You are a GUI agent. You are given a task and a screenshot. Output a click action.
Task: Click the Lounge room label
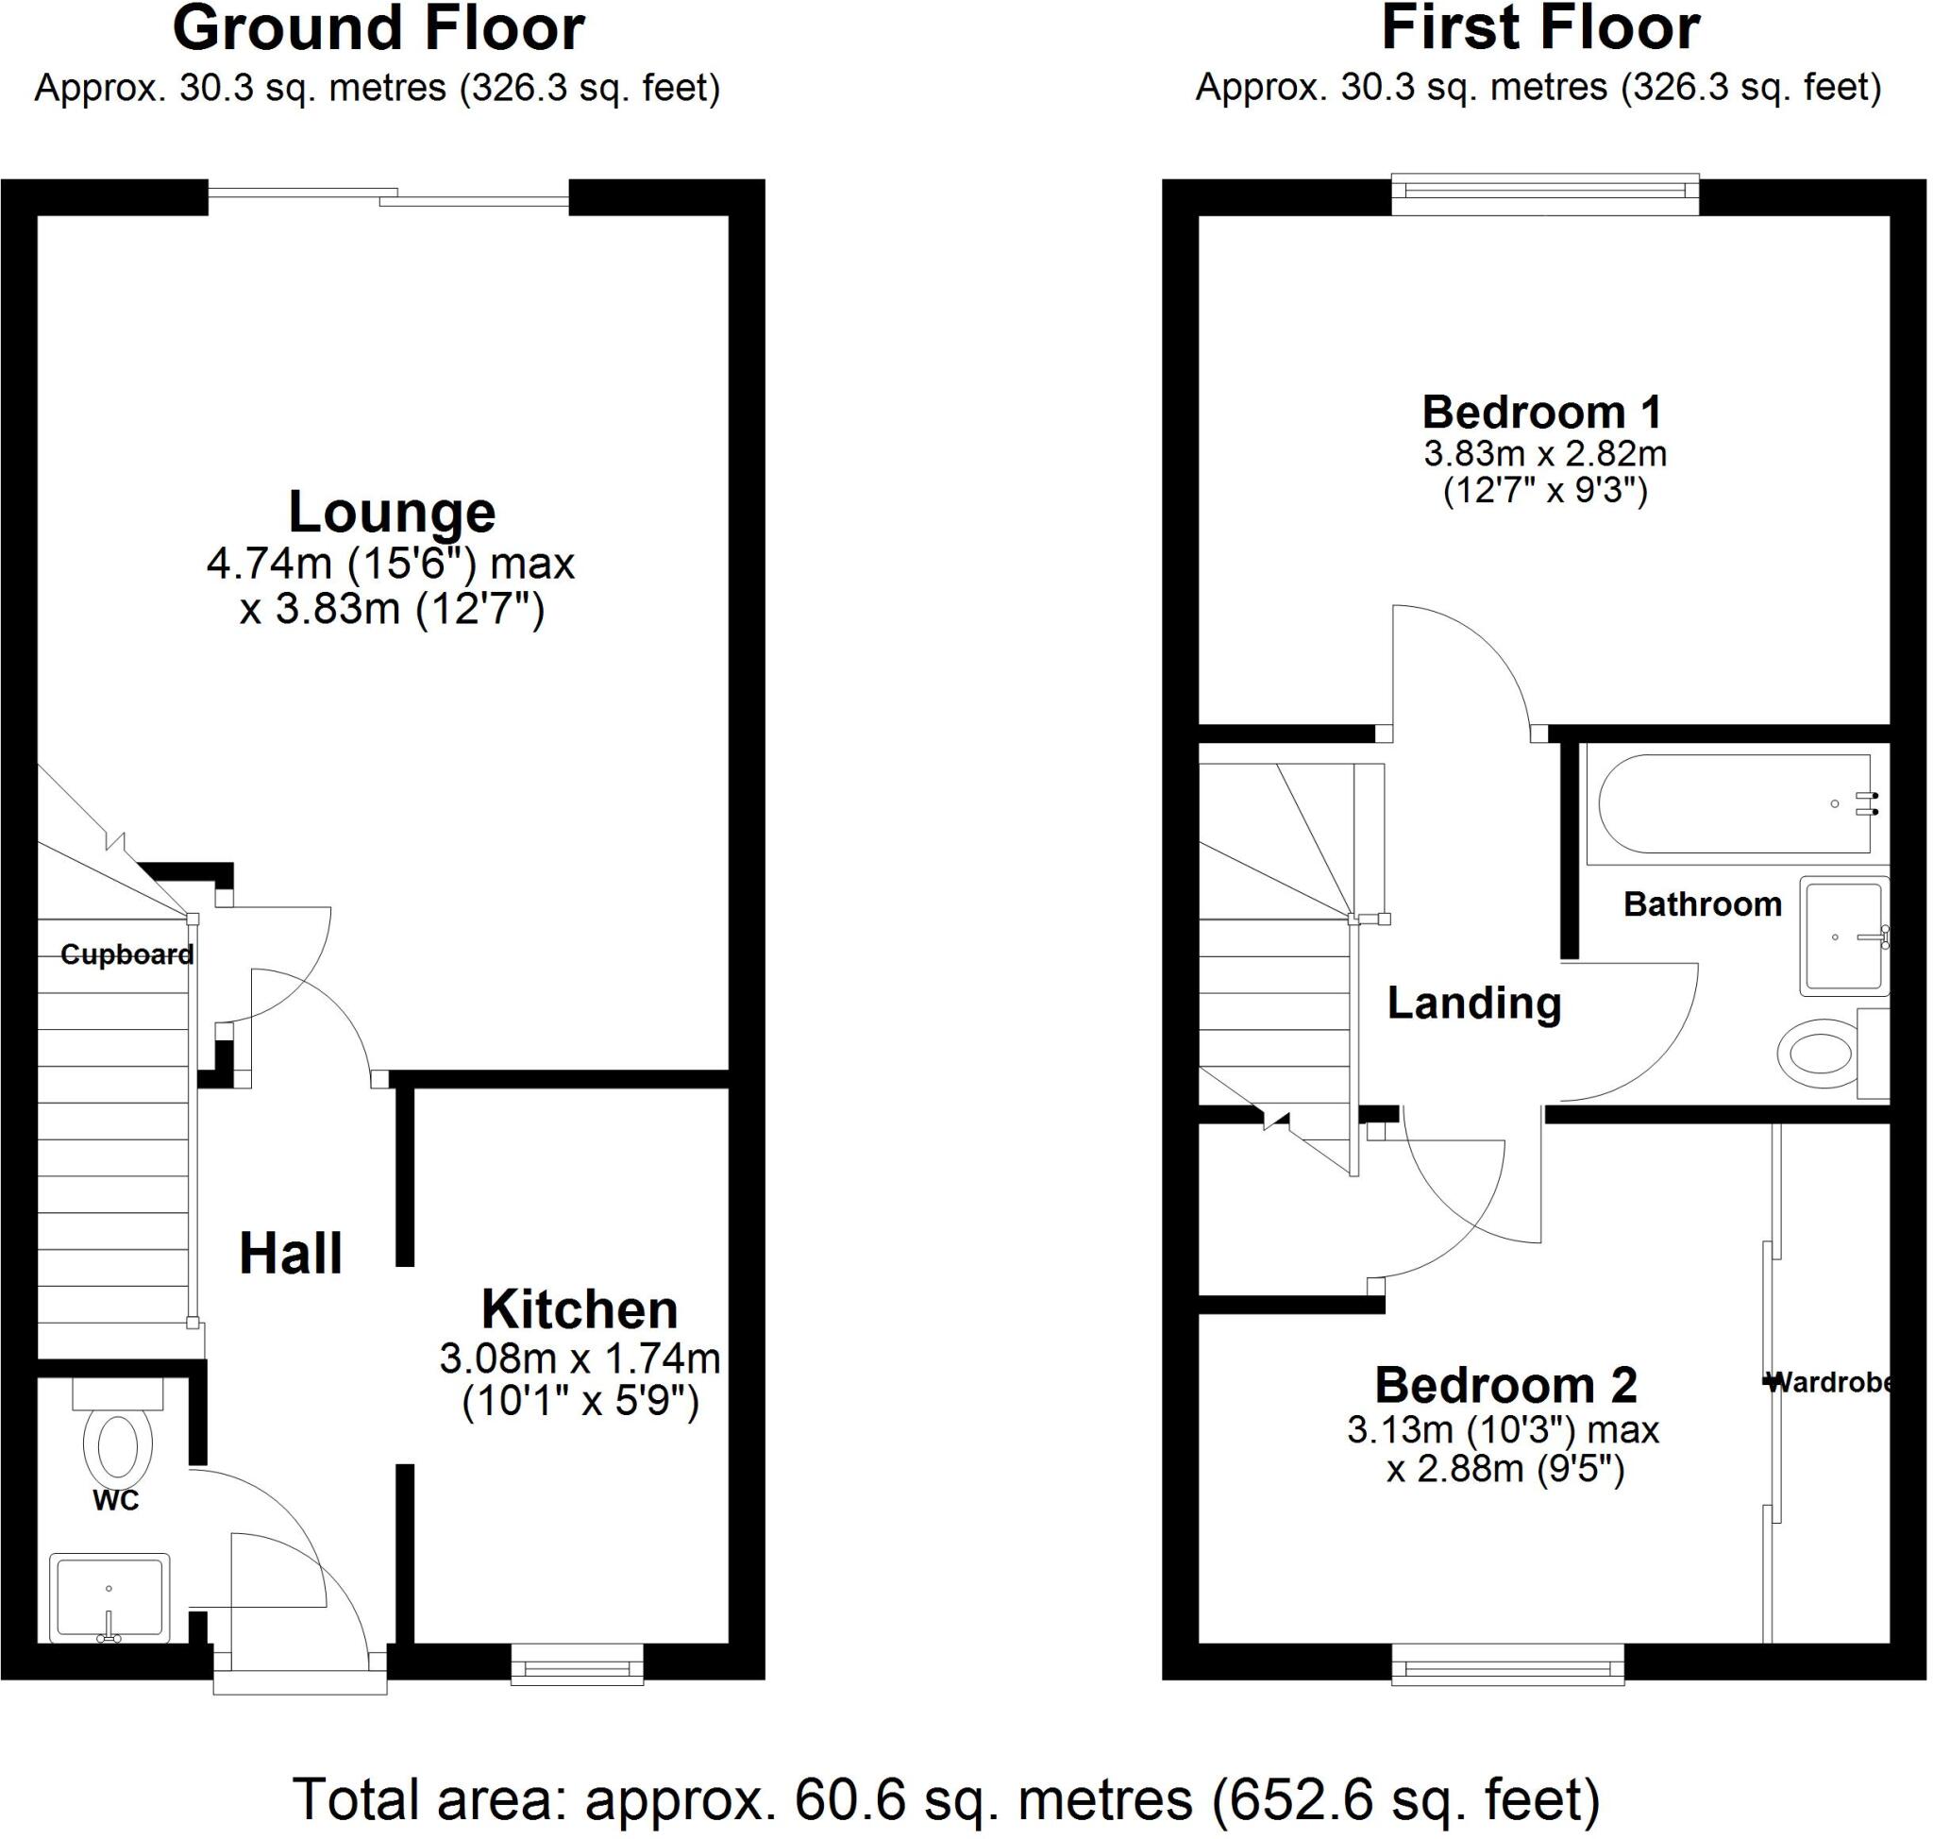pos(391,512)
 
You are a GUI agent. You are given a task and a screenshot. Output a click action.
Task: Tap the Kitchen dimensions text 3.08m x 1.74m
pos(580,1358)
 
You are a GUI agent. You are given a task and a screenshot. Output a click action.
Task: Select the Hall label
pos(290,1254)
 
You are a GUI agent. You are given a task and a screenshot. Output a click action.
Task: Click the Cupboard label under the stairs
pos(126,953)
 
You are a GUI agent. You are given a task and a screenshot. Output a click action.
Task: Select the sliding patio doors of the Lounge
pos(388,198)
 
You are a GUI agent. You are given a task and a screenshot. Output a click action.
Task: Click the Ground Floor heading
pos(378,28)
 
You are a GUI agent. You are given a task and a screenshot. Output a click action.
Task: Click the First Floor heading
pos(1540,28)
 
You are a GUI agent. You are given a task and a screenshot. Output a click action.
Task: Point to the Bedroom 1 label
pos(1542,412)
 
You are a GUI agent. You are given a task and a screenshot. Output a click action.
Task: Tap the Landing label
pos(1473,1003)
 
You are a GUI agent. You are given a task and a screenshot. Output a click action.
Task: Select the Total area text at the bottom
pos(946,1798)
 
